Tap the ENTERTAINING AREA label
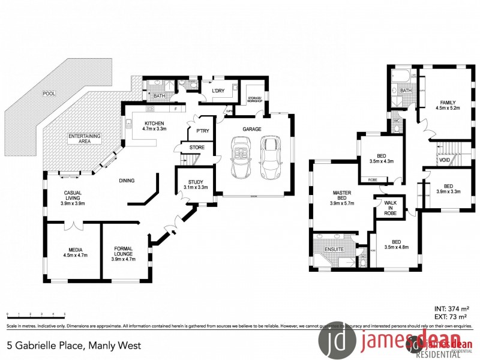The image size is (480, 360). pyautogui.click(x=84, y=139)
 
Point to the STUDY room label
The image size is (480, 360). pyautogui.click(x=195, y=185)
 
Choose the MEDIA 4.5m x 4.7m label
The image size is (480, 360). pyautogui.click(x=75, y=252)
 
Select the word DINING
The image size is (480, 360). pyautogui.click(x=126, y=181)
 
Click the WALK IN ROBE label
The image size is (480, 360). pyautogui.click(x=390, y=208)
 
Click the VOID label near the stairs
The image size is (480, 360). pyautogui.click(x=444, y=161)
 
